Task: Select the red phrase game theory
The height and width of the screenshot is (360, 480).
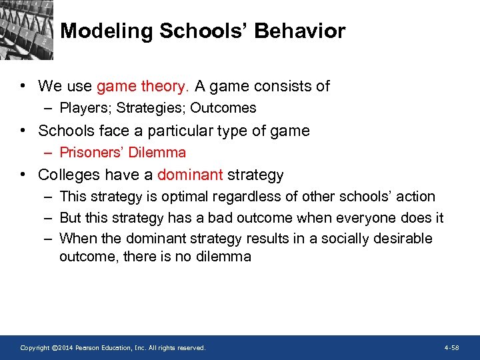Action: coord(143,86)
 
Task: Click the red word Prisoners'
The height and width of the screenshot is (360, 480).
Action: coord(91,153)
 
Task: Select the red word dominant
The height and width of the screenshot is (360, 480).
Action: coord(190,175)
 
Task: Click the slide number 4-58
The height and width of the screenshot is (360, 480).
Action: coord(451,348)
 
